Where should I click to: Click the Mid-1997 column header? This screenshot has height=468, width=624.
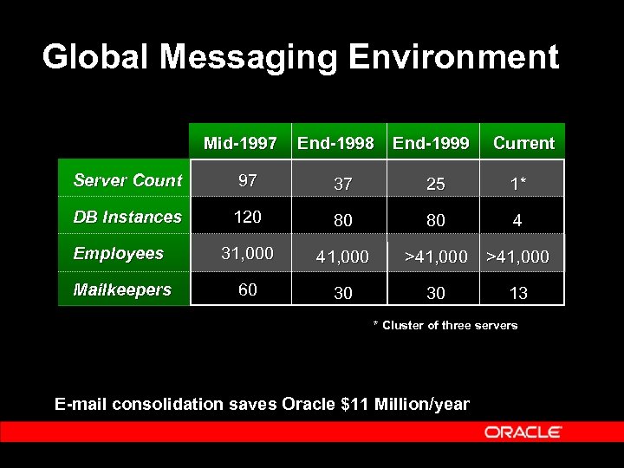240,143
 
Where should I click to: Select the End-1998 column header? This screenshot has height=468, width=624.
335,143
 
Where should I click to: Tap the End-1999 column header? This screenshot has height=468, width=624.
431,143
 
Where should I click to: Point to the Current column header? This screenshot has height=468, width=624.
523,143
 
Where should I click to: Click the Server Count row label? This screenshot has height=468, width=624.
127,180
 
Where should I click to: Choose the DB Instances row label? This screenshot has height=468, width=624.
127,217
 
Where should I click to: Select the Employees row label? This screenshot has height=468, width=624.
119,253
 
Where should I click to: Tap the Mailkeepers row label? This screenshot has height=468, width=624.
122,289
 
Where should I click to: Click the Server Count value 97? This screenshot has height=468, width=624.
248,180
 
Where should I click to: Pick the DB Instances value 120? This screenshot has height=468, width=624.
248,217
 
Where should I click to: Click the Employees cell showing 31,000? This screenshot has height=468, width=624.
248,253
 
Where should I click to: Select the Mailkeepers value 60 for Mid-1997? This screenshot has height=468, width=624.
248,289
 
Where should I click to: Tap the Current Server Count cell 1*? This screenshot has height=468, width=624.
518,185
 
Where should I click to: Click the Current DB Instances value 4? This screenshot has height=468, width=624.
517,221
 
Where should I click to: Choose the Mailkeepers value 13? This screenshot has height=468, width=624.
518,294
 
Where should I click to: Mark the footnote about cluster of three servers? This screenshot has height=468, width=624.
445,326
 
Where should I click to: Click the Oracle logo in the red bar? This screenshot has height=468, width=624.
523,432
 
